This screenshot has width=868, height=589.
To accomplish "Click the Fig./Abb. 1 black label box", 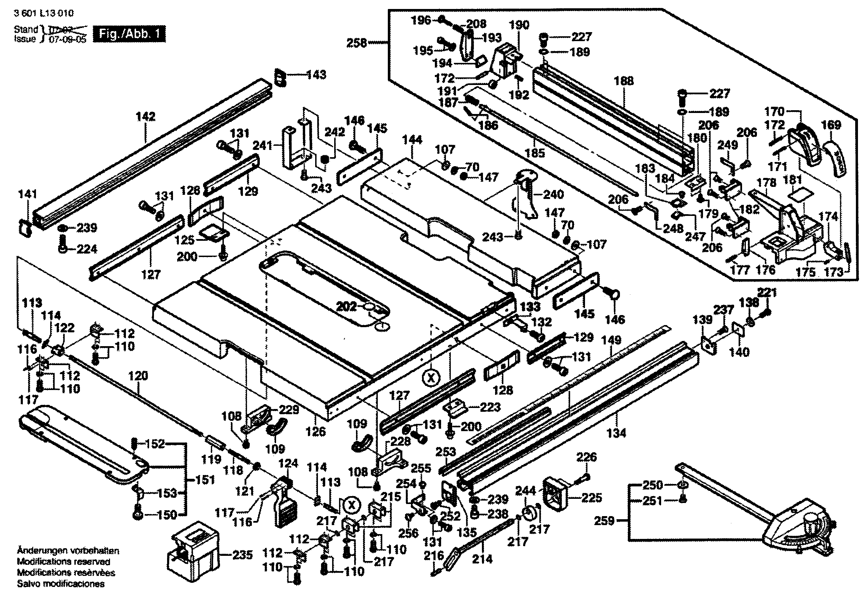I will point(129,34).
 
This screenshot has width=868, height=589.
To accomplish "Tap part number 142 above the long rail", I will point(145,117).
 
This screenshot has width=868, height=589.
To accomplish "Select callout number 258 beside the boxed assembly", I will point(357,43).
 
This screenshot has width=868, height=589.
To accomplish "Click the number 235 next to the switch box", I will point(243,555).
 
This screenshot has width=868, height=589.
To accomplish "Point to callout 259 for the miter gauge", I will point(604,520).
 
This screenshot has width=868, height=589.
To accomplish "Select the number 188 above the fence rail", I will point(624,81).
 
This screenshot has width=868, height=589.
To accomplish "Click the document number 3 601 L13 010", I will point(44,13).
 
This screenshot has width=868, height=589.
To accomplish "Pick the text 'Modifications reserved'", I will point(64,561).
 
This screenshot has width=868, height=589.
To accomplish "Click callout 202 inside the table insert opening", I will point(346,307).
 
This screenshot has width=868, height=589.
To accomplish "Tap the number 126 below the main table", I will point(316,431).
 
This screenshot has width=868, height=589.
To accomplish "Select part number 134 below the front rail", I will point(616,433).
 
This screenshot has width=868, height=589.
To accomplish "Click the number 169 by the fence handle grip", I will point(831,125).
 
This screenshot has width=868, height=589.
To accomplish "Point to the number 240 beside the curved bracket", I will point(554,194).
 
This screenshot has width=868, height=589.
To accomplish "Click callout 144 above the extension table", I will point(412,140).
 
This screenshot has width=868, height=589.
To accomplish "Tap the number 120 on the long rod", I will point(138,376).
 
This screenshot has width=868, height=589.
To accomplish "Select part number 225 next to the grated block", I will point(592,497).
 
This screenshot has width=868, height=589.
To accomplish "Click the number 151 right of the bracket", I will point(205,480).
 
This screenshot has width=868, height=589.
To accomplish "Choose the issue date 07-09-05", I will point(67,39).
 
